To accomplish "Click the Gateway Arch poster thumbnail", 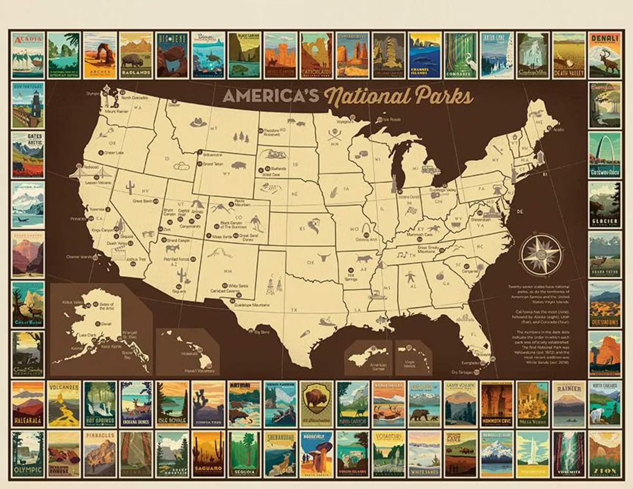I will (605, 156).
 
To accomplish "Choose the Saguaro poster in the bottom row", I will (207, 454).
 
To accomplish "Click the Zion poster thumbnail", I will (605, 454).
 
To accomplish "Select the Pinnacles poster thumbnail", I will (99, 454).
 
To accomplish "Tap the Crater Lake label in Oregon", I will (113, 153).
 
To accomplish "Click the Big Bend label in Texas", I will (262, 332).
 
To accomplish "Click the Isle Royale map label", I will (392, 120).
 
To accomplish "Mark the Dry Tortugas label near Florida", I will (462, 372).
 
